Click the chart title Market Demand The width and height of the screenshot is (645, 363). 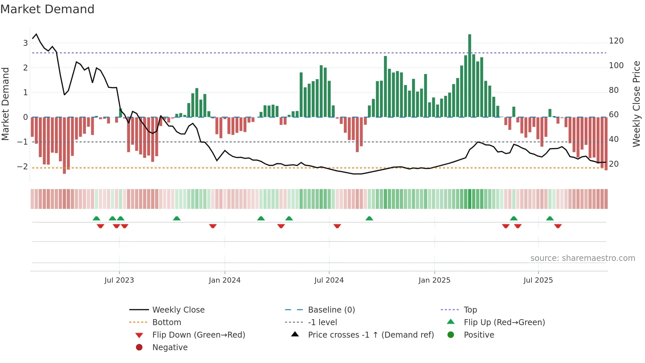pyautogui.click(x=47, y=9)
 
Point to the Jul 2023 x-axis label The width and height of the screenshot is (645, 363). pyautogui.click(x=119, y=280)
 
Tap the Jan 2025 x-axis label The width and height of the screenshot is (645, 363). pyautogui.click(x=434, y=280)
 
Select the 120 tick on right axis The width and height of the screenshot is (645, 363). pyautogui.click(x=616, y=41)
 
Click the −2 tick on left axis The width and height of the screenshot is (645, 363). pyautogui.click(x=23, y=166)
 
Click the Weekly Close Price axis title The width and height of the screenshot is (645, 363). pyautogui.click(x=636, y=104)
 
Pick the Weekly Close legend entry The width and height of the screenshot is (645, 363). pyautogui.click(x=178, y=310)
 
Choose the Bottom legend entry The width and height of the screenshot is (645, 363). pyautogui.click(x=167, y=322)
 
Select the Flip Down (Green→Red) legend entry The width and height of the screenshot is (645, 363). pyautogui.click(x=198, y=335)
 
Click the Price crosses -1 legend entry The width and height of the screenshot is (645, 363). pyautogui.click(x=371, y=335)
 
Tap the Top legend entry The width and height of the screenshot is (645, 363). pyautogui.click(x=470, y=310)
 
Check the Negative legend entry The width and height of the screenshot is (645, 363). pyautogui.click(x=170, y=348)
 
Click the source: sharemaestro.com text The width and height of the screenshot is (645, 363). pyautogui.click(x=582, y=258)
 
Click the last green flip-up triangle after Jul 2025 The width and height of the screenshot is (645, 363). pyautogui.click(x=550, y=218)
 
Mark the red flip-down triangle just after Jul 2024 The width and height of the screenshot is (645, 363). pyautogui.click(x=337, y=226)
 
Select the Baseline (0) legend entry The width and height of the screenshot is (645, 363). pyautogui.click(x=331, y=310)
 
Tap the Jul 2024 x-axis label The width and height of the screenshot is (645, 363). pyautogui.click(x=329, y=280)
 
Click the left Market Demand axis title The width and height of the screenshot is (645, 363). pyautogui.click(x=5, y=104)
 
